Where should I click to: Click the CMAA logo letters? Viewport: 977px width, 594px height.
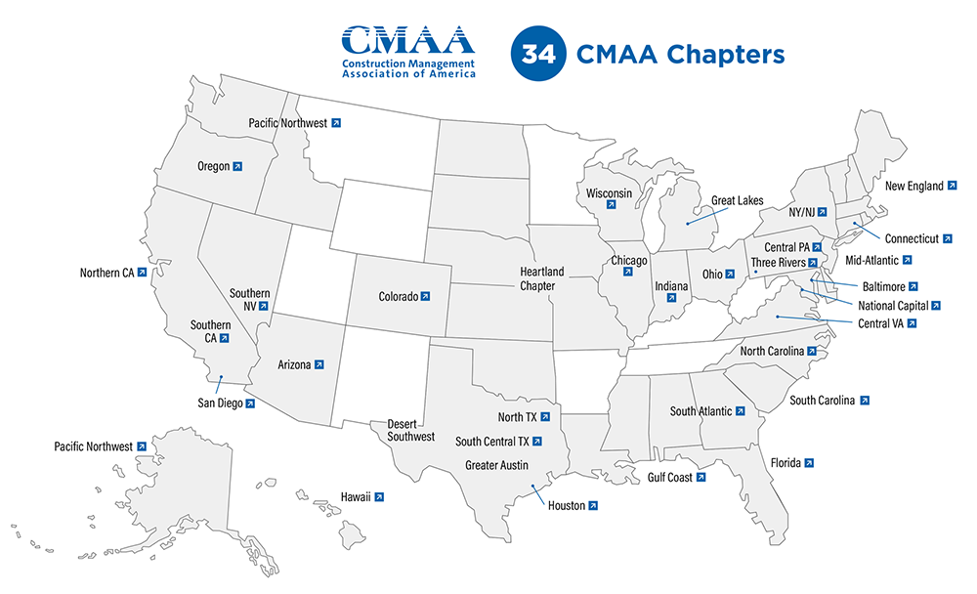point(407,41)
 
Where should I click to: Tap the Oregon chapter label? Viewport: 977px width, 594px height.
point(213,166)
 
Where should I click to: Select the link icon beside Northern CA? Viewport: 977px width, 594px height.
point(142,273)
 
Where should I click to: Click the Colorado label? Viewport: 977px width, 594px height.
point(399,296)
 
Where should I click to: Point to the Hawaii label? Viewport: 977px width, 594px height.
point(356,497)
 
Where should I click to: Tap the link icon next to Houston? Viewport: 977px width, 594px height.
point(593,505)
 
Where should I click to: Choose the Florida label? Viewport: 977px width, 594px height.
point(786,462)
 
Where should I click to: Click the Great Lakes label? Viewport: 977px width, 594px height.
point(737,201)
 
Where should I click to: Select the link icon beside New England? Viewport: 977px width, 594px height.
point(953,186)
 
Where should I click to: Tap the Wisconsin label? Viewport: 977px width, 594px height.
point(609,193)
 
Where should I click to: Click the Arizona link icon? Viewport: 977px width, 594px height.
point(319,364)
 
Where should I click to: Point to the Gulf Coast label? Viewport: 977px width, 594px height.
point(669,478)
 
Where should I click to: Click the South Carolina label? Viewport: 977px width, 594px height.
point(822,401)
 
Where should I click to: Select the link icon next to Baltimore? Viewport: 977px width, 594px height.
point(913,287)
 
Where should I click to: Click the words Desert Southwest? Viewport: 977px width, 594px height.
point(411,430)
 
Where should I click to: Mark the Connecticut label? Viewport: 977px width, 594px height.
point(912,238)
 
